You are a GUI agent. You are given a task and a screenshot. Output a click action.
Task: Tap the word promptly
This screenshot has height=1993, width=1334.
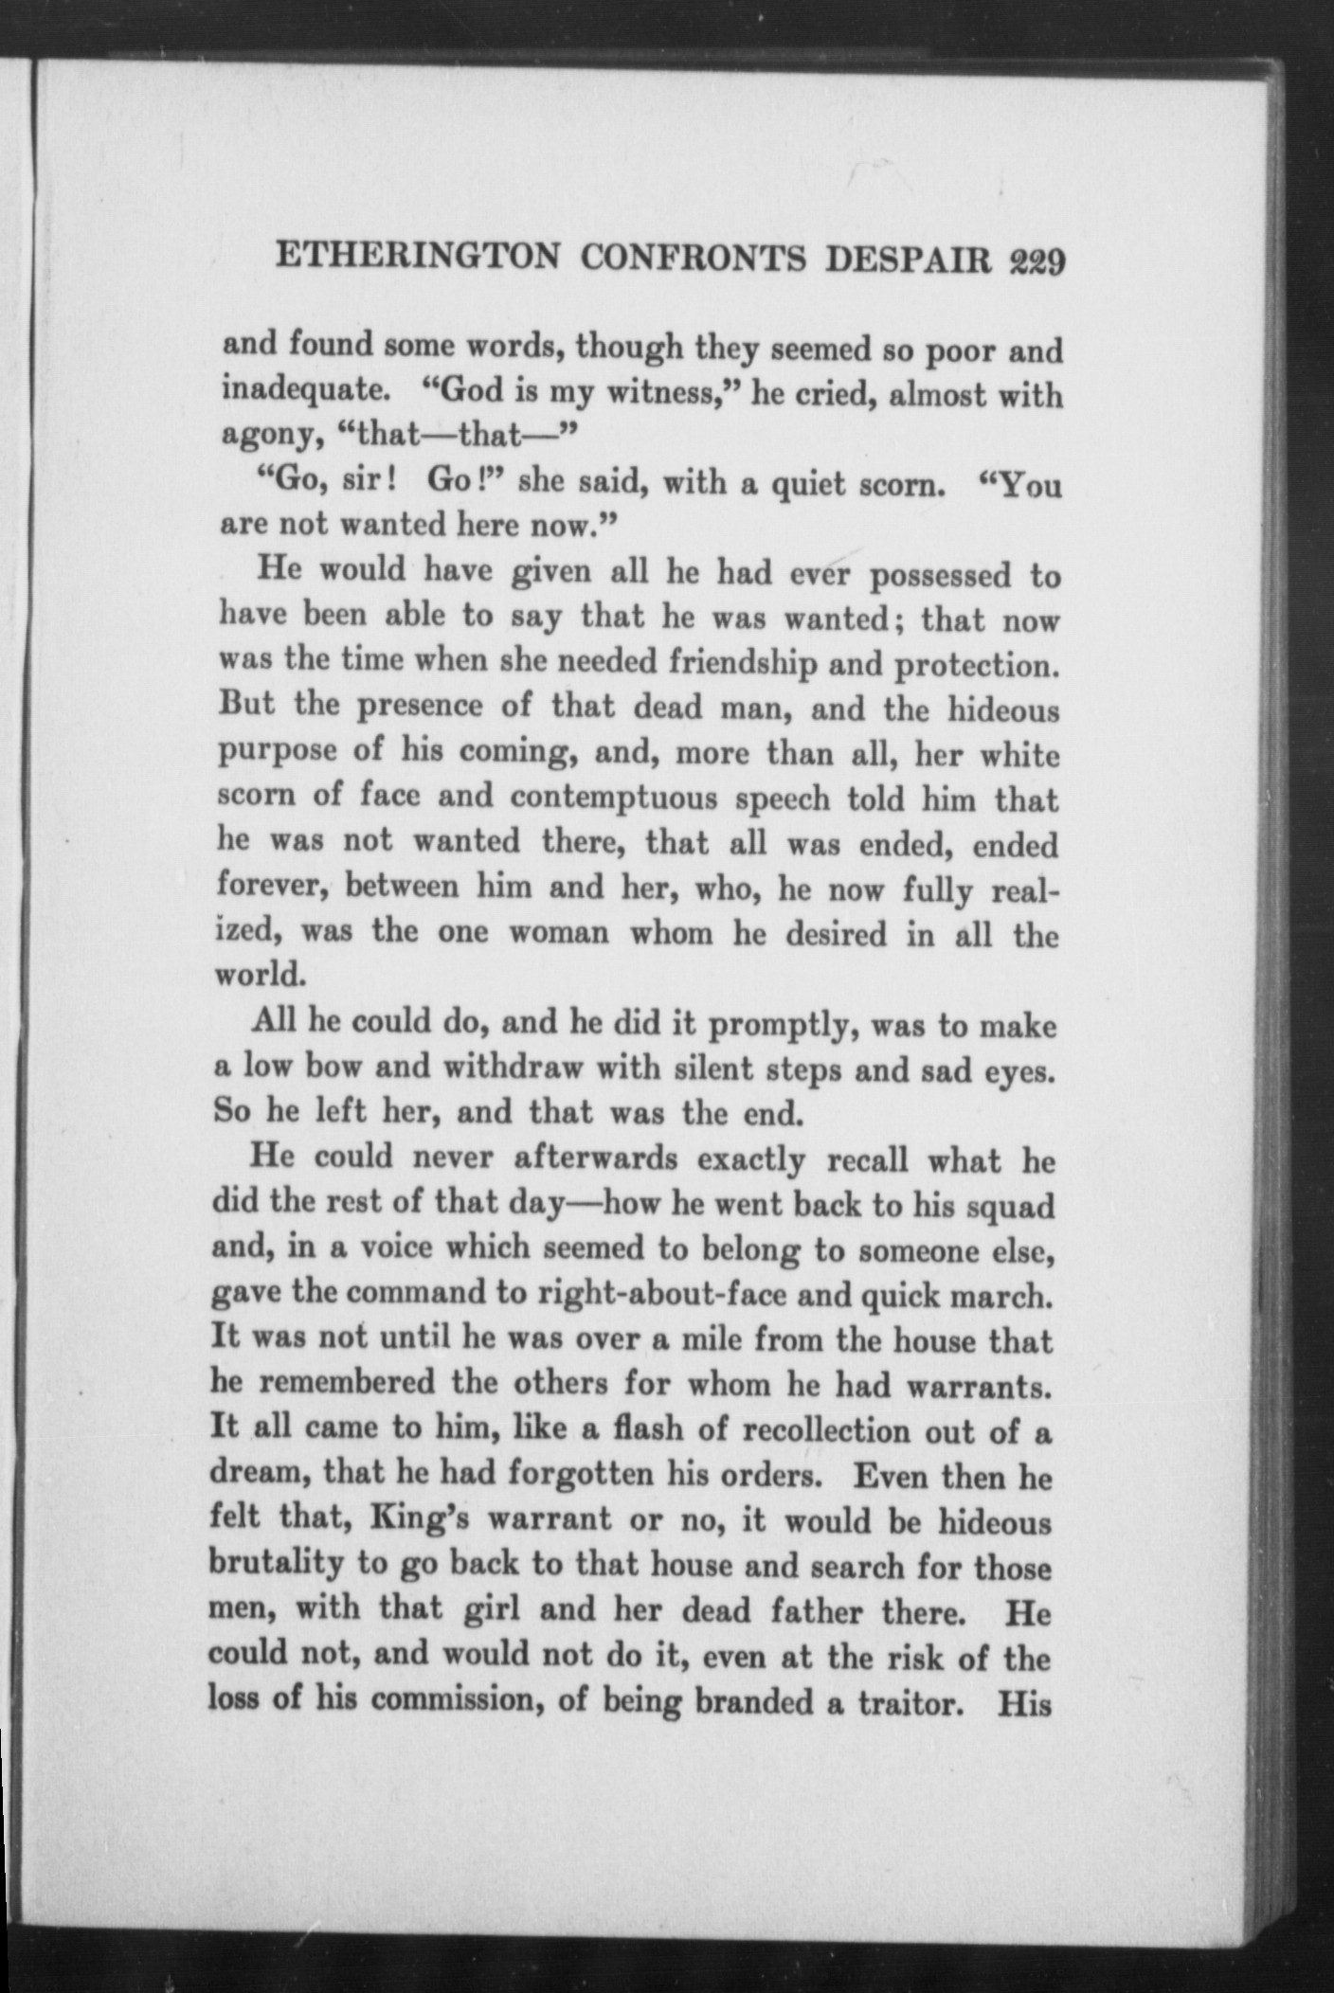[x=781, y=1026]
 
